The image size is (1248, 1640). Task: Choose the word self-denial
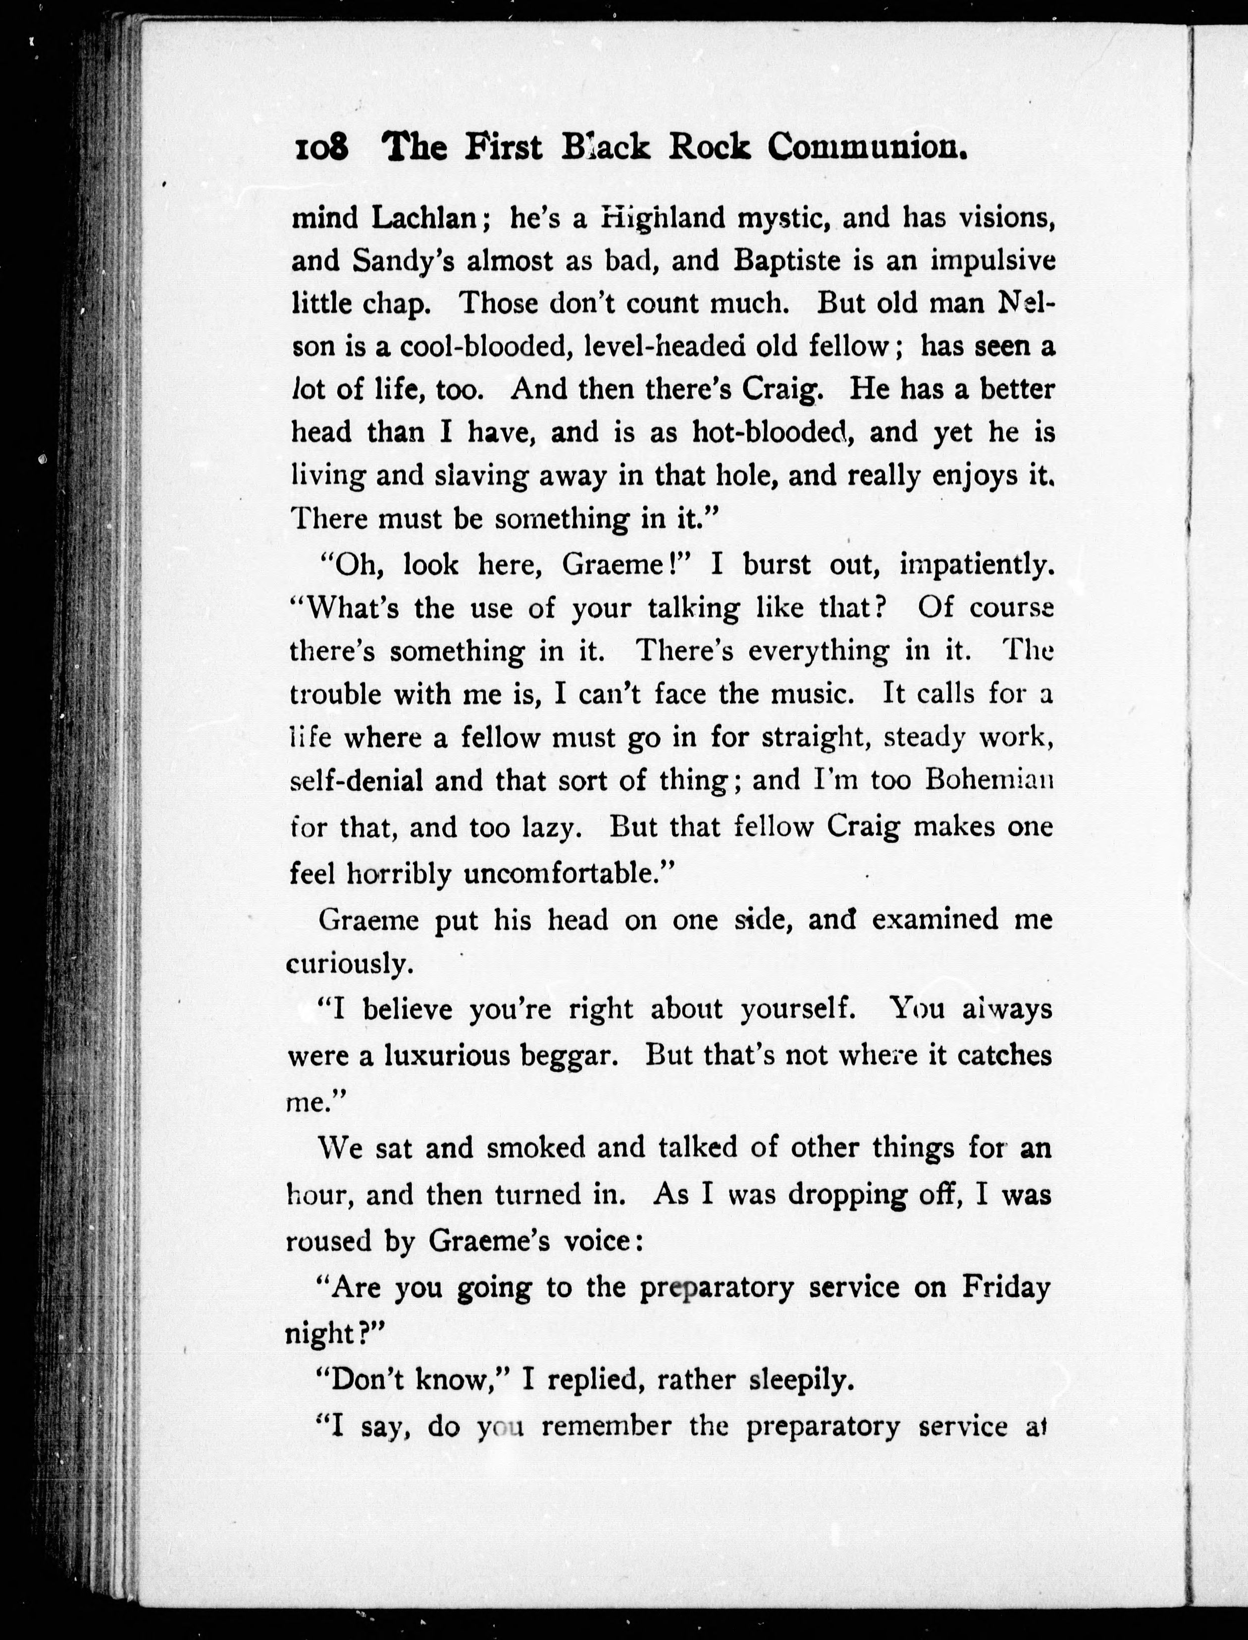click(358, 780)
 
